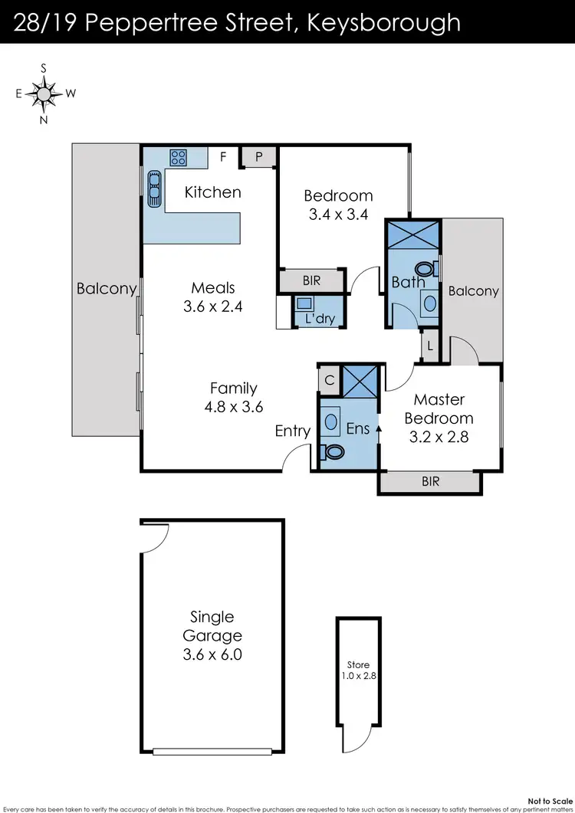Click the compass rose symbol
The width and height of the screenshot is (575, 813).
pyautogui.click(x=44, y=93)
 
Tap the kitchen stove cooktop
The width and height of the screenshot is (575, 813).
pyautogui.click(x=179, y=157)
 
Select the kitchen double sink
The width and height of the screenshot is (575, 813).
pyautogui.click(x=154, y=188)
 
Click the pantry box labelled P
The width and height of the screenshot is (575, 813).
pyautogui.click(x=259, y=156)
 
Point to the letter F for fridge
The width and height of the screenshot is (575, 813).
pyautogui.click(x=223, y=157)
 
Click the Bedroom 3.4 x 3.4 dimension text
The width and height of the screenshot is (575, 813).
pyautogui.click(x=338, y=215)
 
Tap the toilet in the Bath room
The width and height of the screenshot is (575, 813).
pyautogui.click(x=422, y=270)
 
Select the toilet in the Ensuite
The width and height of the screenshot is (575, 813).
pyautogui.click(x=333, y=453)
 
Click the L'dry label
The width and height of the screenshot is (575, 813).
pyautogui.click(x=320, y=318)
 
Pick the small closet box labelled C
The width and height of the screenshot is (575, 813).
pyautogui.click(x=328, y=379)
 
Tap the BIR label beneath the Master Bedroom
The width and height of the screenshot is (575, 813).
pyautogui.click(x=430, y=483)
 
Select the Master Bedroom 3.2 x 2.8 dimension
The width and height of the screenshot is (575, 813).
pyautogui.click(x=439, y=438)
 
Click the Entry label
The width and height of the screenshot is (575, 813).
pyautogui.click(x=293, y=431)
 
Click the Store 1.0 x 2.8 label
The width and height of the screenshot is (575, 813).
pyautogui.click(x=357, y=670)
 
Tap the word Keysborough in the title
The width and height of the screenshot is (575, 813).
pyautogui.click(x=383, y=22)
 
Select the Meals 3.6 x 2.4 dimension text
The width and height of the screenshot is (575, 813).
pyautogui.click(x=213, y=307)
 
